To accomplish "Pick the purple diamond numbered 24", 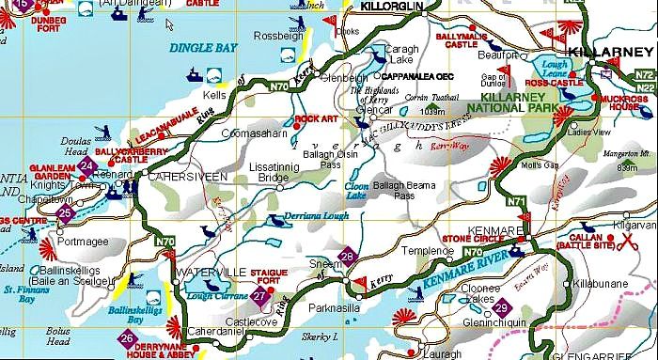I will point(87,167).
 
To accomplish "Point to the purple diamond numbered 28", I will point(347,258).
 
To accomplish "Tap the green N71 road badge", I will point(517,200).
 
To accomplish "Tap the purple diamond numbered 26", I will point(126,337).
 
